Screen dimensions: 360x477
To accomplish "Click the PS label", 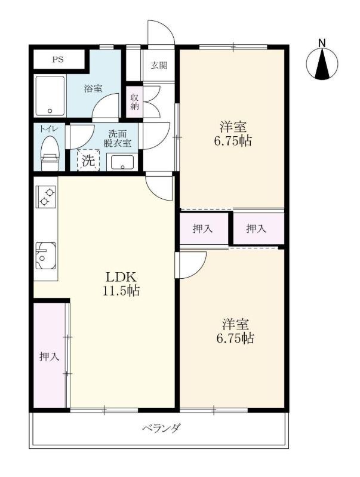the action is pyautogui.click(x=58, y=60).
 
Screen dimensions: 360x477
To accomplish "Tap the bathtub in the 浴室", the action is pyautogui.click(x=50, y=96).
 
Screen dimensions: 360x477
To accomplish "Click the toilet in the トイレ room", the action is pyautogui.click(x=50, y=153).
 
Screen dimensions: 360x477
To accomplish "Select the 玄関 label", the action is pyautogui.click(x=159, y=65).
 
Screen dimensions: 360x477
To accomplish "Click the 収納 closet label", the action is pyautogui.click(x=134, y=102).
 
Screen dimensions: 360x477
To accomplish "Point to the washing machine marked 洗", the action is pyautogui.click(x=88, y=160).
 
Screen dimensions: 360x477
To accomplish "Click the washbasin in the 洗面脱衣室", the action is pyautogui.click(x=122, y=162).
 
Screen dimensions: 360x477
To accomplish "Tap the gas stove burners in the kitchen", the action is pyautogui.click(x=46, y=196).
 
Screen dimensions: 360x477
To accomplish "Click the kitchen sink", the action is pyautogui.click(x=45, y=256).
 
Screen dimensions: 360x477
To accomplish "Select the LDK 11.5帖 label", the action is pyautogui.click(x=121, y=284).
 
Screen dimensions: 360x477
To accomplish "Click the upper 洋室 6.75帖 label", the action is pyautogui.click(x=233, y=134).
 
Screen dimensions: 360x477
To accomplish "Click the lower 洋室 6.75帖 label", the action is pyautogui.click(x=235, y=331).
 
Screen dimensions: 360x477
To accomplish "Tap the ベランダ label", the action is pyautogui.click(x=162, y=428).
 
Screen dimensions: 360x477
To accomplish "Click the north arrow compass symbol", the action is pyautogui.click(x=322, y=64).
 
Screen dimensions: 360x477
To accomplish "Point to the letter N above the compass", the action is pyautogui.click(x=322, y=43).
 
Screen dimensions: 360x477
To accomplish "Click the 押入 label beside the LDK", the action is pyautogui.click(x=50, y=356).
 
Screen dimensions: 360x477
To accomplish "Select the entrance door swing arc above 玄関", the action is pyautogui.click(x=167, y=27).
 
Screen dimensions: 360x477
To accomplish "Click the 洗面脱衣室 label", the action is pyautogui.click(x=118, y=139).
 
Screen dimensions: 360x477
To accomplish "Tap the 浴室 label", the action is pyautogui.click(x=93, y=88).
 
